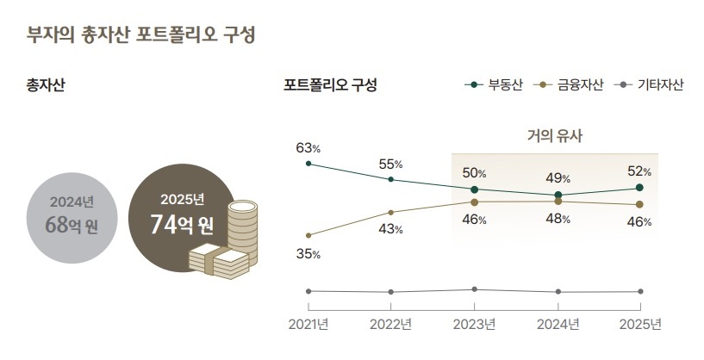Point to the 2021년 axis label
click(308, 325)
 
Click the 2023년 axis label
click(475, 325)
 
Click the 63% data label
click(308, 147)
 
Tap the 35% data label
click(308, 254)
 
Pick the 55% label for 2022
click(391, 164)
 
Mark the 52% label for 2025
click(639, 171)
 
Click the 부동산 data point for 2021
click(308, 163)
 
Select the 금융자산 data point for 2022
click(391, 212)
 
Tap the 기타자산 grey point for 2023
click(475, 289)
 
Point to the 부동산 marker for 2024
click(558, 195)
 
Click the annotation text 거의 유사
click(555, 135)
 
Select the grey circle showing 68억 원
click(72, 215)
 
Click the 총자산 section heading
click(47, 85)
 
